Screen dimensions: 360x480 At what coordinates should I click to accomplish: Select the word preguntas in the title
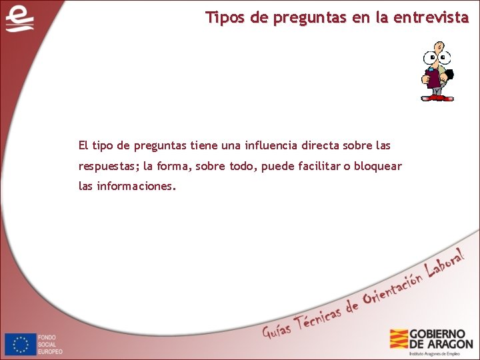[307, 18]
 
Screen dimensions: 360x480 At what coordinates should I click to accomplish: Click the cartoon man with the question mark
[437, 71]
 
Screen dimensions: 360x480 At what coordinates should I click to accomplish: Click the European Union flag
[20, 343]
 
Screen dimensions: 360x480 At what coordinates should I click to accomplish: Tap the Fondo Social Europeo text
[51, 344]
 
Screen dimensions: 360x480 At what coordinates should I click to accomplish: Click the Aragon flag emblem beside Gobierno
[399, 339]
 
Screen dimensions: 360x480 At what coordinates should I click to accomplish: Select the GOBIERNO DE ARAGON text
[441, 339]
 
